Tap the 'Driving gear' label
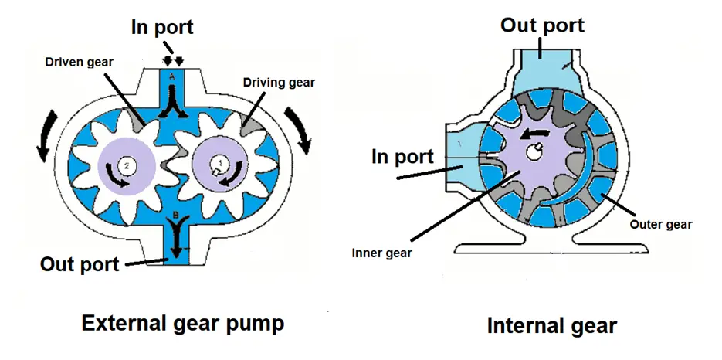click(x=279, y=82)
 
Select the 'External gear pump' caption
click(x=183, y=324)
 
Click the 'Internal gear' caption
click(x=551, y=326)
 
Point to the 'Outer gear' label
click(x=661, y=225)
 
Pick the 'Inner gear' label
click(x=381, y=253)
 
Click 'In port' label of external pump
click(x=162, y=27)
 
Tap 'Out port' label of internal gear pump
click(x=542, y=25)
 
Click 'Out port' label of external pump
click(x=80, y=264)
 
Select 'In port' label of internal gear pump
click(x=402, y=157)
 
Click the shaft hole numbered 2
click(x=126, y=166)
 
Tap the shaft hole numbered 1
click(x=217, y=165)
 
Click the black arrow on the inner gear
click(x=535, y=134)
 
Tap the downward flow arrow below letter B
click(x=175, y=237)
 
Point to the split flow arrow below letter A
click(x=173, y=104)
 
